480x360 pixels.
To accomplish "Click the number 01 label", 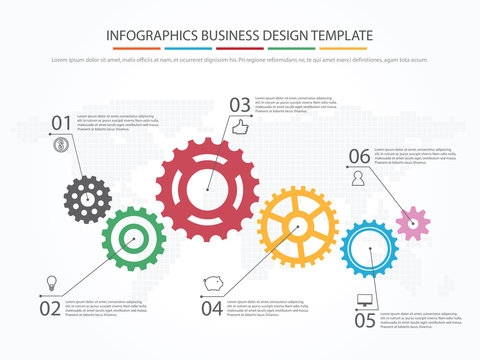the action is (x=62, y=123).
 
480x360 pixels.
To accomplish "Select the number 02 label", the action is (x=50, y=309).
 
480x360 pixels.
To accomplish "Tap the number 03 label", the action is (x=240, y=104).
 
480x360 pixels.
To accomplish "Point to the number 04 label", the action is (x=211, y=309).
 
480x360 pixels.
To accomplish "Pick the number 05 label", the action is (x=365, y=320).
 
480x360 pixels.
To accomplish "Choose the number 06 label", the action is (x=359, y=156).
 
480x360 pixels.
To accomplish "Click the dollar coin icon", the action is (x=62, y=146).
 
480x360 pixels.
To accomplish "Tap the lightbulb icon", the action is (x=51, y=283).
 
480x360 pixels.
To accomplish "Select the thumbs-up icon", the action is (x=239, y=128).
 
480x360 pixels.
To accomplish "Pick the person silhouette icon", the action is (x=357, y=178).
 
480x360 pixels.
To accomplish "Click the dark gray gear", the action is (x=88, y=198).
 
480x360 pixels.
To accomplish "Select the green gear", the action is (x=131, y=240).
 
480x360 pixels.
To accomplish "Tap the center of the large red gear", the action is (x=207, y=189).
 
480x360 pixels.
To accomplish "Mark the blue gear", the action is (x=369, y=249).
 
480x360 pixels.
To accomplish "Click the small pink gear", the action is (x=412, y=222).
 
